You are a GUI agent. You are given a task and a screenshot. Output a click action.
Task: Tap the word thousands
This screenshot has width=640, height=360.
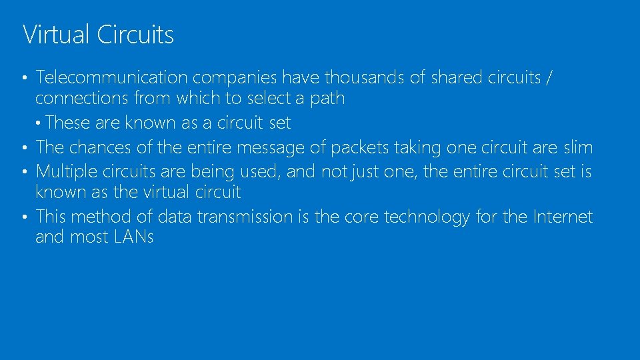click(364, 78)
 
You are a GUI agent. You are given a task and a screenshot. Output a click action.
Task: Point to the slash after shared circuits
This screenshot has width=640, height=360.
click(548, 78)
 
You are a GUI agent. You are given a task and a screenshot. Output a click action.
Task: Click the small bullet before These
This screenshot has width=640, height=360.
click(40, 123)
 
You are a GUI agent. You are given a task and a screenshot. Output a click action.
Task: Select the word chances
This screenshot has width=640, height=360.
click(101, 147)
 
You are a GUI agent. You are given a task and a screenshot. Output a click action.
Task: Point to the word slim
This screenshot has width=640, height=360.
click(577, 147)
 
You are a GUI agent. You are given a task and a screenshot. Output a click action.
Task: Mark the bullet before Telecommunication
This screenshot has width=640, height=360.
click(25, 79)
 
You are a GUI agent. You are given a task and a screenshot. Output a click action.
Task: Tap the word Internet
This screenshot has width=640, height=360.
click(563, 217)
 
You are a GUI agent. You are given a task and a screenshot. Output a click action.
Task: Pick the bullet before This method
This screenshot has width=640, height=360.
click(25, 217)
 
